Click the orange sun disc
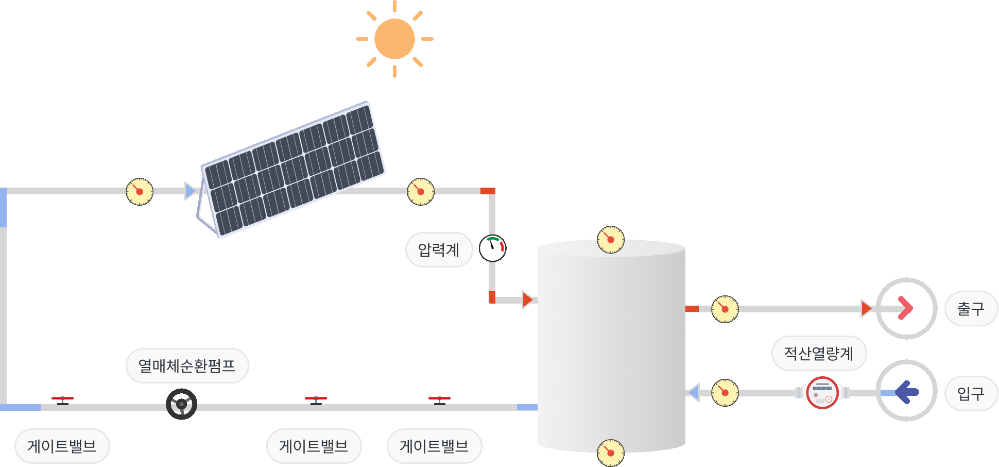394,39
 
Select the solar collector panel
292,169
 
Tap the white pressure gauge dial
493,248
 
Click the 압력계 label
439,250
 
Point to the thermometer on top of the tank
611,240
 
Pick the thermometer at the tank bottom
611,453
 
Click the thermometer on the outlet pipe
725,309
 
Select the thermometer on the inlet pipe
725,393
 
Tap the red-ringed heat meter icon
822,393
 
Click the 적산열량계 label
819,354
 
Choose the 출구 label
971,309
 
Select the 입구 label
971,394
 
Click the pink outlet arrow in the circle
906,308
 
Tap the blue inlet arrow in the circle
906,392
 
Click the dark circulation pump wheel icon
182,404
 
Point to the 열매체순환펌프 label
187,366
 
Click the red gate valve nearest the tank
439,399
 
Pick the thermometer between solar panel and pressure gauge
421,192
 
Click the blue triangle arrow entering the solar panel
190,191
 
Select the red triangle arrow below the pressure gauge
527,299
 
